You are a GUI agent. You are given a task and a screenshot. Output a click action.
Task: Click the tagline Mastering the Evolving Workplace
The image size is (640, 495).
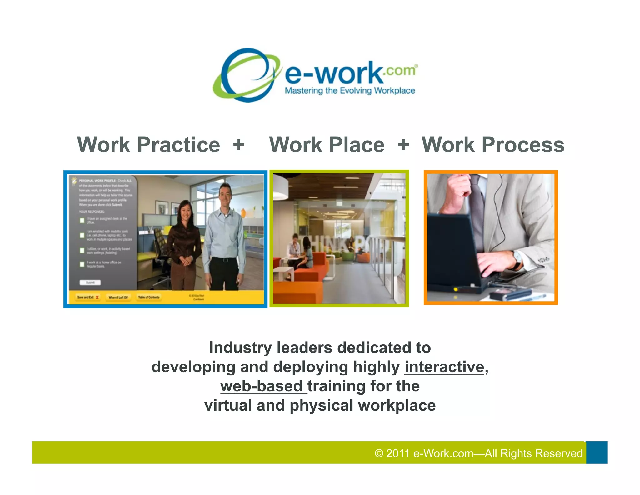click(350, 91)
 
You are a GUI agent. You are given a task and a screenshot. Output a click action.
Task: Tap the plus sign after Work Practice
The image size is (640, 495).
click(239, 145)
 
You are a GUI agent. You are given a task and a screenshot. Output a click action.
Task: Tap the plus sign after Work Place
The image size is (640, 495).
click(403, 145)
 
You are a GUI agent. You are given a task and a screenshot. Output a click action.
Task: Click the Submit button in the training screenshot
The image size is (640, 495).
click(90, 283)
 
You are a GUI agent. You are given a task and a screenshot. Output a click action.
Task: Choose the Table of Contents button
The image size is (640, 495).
click(149, 297)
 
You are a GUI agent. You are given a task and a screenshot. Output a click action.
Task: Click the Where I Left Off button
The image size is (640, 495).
click(118, 297)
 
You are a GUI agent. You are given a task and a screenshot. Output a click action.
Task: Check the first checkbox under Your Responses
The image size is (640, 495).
click(82, 221)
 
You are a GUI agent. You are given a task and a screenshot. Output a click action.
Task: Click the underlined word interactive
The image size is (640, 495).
click(444, 367)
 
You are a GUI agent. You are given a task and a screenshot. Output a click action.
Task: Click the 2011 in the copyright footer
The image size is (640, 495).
click(397, 453)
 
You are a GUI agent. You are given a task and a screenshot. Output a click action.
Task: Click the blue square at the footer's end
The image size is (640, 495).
click(597, 452)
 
